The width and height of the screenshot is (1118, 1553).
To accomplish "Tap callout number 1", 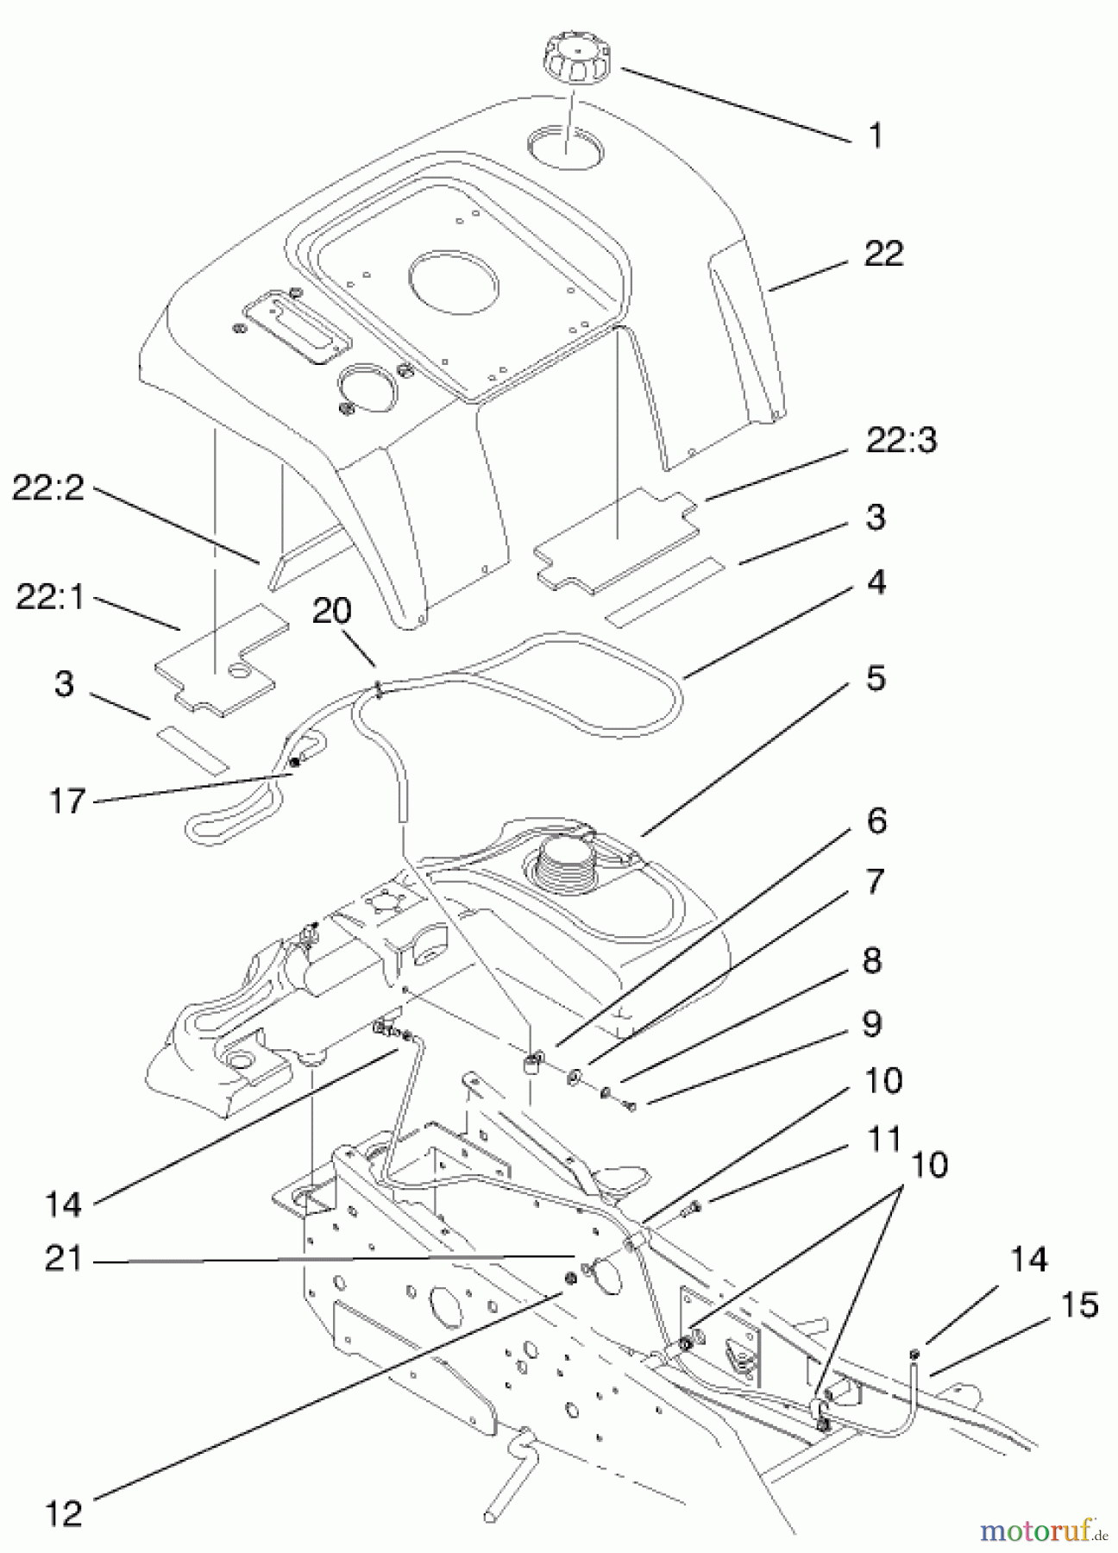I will coord(875,135).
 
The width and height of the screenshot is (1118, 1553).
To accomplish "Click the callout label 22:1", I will coord(50,598).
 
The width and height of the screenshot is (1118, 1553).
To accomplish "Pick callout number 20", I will coord(332,613).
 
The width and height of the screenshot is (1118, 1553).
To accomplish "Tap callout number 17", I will coord(66,801).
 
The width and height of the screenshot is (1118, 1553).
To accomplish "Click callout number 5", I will coord(875,678).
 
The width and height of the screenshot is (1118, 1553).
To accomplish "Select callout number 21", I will coord(63,1261).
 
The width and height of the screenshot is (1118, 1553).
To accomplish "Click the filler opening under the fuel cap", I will coord(566,145).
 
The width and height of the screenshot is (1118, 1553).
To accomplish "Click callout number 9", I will coord(870,1023).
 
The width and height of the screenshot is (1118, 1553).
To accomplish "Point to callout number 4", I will coord(875,583).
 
